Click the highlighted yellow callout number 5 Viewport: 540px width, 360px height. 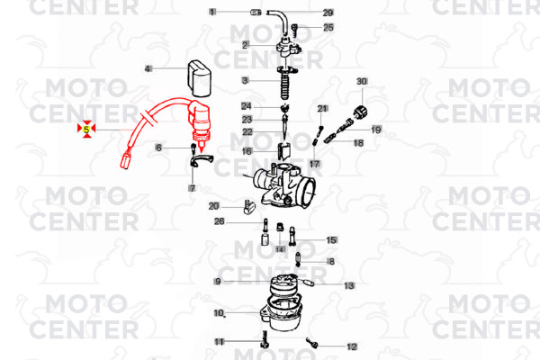tap(86, 130)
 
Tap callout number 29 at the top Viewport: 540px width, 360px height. tap(328, 13)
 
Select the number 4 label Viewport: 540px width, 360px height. tap(148, 69)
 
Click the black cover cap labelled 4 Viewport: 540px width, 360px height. tap(199, 78)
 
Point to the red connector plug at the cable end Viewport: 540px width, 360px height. tap(125, 160)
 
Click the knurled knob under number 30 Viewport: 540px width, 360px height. tap(361, 112)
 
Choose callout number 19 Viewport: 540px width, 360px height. tap(376, 130)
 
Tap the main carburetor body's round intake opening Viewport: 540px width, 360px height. tap(308, 192)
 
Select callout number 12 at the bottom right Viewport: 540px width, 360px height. tap(352, 346)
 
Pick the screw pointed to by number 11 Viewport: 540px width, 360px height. tap(265, 339)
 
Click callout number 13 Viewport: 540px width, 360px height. tap(349, 285)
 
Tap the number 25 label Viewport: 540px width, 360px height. tap(328, 27)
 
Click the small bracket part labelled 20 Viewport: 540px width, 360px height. tap(249, 207)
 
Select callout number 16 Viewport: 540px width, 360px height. tap(247, 151)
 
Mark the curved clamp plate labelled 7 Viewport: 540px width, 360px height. tap(202, 161)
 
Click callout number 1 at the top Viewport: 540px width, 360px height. tap(212, 12)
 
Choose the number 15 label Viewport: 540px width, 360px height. tap(331, 240)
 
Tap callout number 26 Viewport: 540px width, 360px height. tap(220, 221)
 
